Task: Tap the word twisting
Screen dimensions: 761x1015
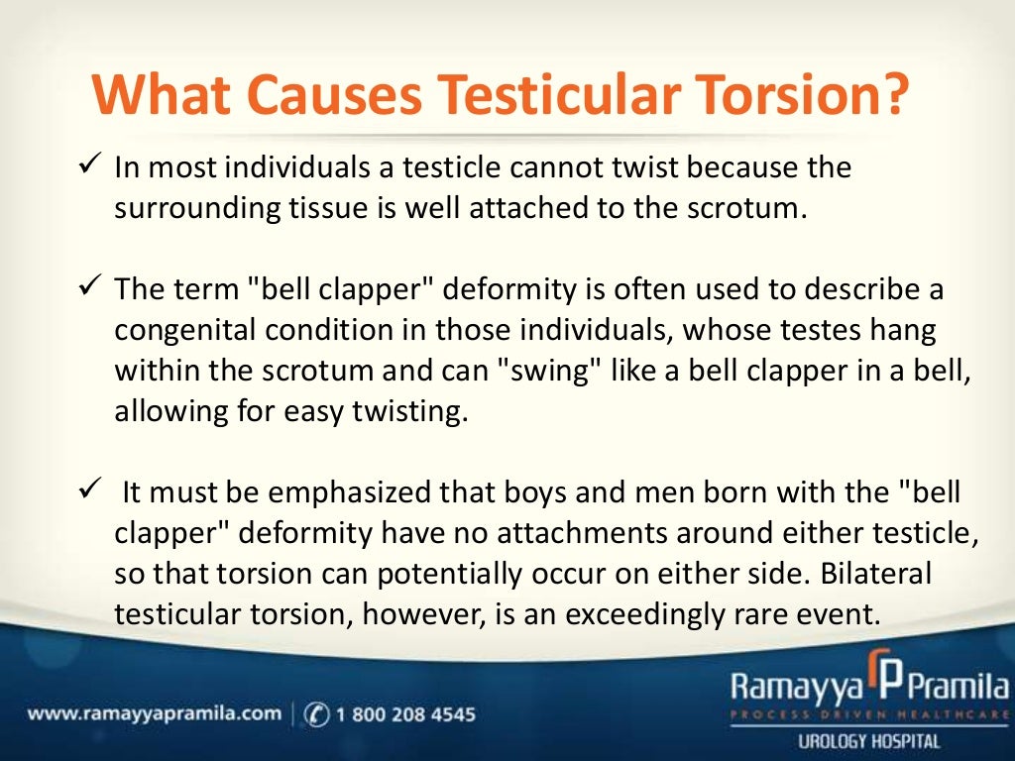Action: tap(407, 410)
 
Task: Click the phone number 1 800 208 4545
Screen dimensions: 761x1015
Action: tap(404, 713)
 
